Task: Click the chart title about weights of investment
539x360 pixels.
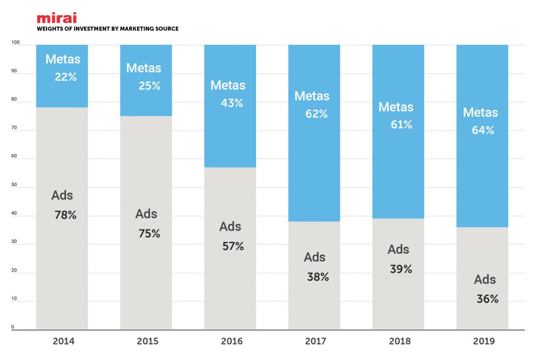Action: tap(107, 29)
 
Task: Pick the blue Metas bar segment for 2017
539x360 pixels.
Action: tap(314, 171)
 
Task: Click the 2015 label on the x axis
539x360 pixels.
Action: tap(147, 342)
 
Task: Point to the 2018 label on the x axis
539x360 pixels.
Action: tap(400, 342)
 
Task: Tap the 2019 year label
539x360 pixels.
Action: tap(484, 342)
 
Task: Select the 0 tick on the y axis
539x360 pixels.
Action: tap(13, 327)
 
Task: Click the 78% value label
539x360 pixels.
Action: tap(66, 215)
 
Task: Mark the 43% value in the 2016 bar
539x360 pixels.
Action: tap(232, 103)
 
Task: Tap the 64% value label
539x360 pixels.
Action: tap(483, 131)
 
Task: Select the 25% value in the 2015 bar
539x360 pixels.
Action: tap(150, 86)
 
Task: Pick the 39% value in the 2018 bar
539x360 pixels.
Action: tap(401, 269)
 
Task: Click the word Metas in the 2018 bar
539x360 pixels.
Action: tap(396, 107)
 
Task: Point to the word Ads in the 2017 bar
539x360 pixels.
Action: tap(314, 257)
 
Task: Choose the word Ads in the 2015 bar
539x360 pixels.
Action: tap(146, 214)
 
